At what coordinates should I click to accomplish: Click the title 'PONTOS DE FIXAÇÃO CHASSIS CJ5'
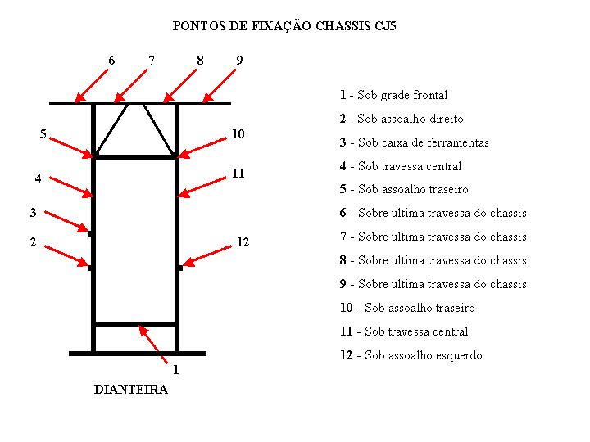pos(284,26)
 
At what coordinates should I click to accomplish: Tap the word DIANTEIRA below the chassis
pos(130,389)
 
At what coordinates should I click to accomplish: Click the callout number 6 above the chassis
pos(111,60)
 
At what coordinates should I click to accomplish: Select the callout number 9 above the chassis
pos(239,60)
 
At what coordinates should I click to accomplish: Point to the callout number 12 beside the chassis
pos(243,242)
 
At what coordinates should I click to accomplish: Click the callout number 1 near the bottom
pos(175,369)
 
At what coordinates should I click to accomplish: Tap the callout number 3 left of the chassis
pos(33,212)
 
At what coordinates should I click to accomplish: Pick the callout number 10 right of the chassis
pos(238,133)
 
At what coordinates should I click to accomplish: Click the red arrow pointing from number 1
pos(152,345)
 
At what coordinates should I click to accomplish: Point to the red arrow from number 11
pos(202,187)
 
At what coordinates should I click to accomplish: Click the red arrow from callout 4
pos(71,187)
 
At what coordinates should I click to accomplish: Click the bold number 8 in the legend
pos(343,260)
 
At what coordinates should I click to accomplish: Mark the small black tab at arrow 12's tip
pos(180,268)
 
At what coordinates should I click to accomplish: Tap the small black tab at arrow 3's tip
pos(90,233)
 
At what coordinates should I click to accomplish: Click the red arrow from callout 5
pos(71,147)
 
